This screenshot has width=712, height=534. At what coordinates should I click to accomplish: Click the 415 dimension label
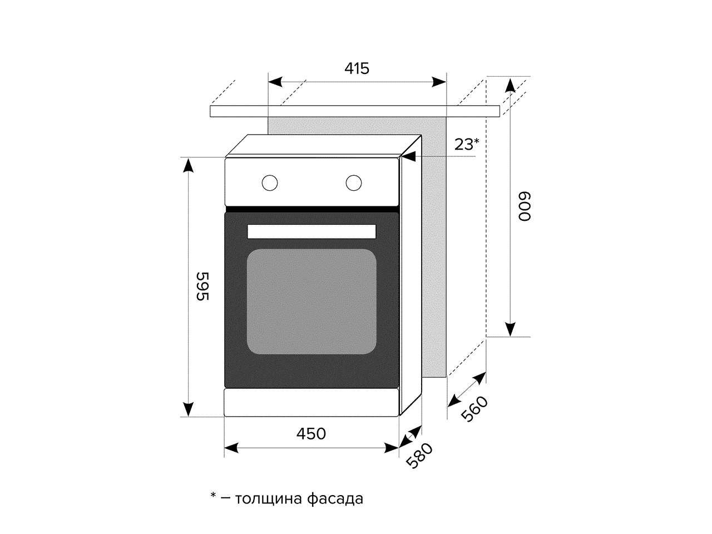pyautogui.click(x=357, y=68)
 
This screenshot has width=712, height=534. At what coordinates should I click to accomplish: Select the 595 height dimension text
pyautogui.click(x=202, y=286)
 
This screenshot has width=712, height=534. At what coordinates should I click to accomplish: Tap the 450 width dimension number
pyautogui.click(x=311, y=433)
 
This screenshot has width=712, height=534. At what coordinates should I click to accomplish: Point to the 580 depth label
pyautogui.click(x=419, y=456)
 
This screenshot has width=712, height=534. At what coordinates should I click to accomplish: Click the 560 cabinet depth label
pyautogui.click(x=474, y=409)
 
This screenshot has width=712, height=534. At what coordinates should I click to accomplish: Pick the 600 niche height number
pyautogui.click(x=525, y=206)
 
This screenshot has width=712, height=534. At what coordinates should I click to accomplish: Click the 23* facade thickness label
pyautogui.click(x=466, y=144)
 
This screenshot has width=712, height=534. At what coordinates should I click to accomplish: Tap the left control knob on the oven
pyautogui.click(x=270, y=182)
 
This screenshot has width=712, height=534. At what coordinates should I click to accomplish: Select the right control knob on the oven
pyautogui.click(x=354, y=182)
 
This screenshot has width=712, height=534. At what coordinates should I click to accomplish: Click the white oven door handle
pyautogui.click(x=311, y=231)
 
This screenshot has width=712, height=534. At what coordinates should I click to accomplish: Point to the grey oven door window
pyautogui.click(x=311, y=301)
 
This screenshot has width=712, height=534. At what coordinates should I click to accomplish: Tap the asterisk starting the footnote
pyautogui.click(x=213, y=495)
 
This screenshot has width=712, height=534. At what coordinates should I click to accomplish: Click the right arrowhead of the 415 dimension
pyautogui.click(x=439, y=82)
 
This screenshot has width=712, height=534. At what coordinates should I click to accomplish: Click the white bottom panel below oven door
pyautogui.click(x=311, y=402)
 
